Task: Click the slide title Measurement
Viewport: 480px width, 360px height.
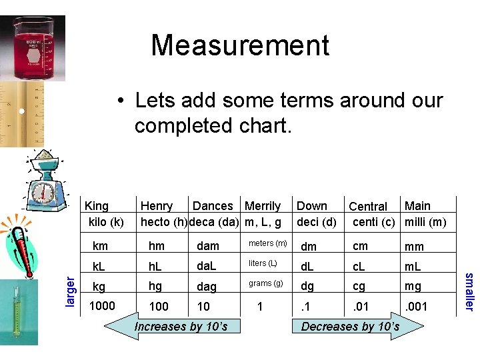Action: (240, 45)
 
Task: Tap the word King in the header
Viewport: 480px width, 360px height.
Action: (97, 206)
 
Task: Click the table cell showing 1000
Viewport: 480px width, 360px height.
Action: (102, 305)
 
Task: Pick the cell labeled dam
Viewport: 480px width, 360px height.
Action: (208, 246)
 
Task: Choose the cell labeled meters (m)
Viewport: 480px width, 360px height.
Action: (267, 243)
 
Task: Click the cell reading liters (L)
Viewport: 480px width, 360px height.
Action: (263, 263)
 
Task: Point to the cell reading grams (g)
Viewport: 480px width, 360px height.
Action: (266, 283)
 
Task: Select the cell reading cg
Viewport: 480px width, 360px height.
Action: (360, 286)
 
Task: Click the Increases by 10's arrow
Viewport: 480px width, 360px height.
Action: (177, 326)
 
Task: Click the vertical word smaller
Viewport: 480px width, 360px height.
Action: (469, 291)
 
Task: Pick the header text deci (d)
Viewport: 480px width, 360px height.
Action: (316, 221)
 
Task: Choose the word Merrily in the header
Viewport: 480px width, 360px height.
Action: (263, 206)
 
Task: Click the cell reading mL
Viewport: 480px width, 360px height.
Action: (414, 266)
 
